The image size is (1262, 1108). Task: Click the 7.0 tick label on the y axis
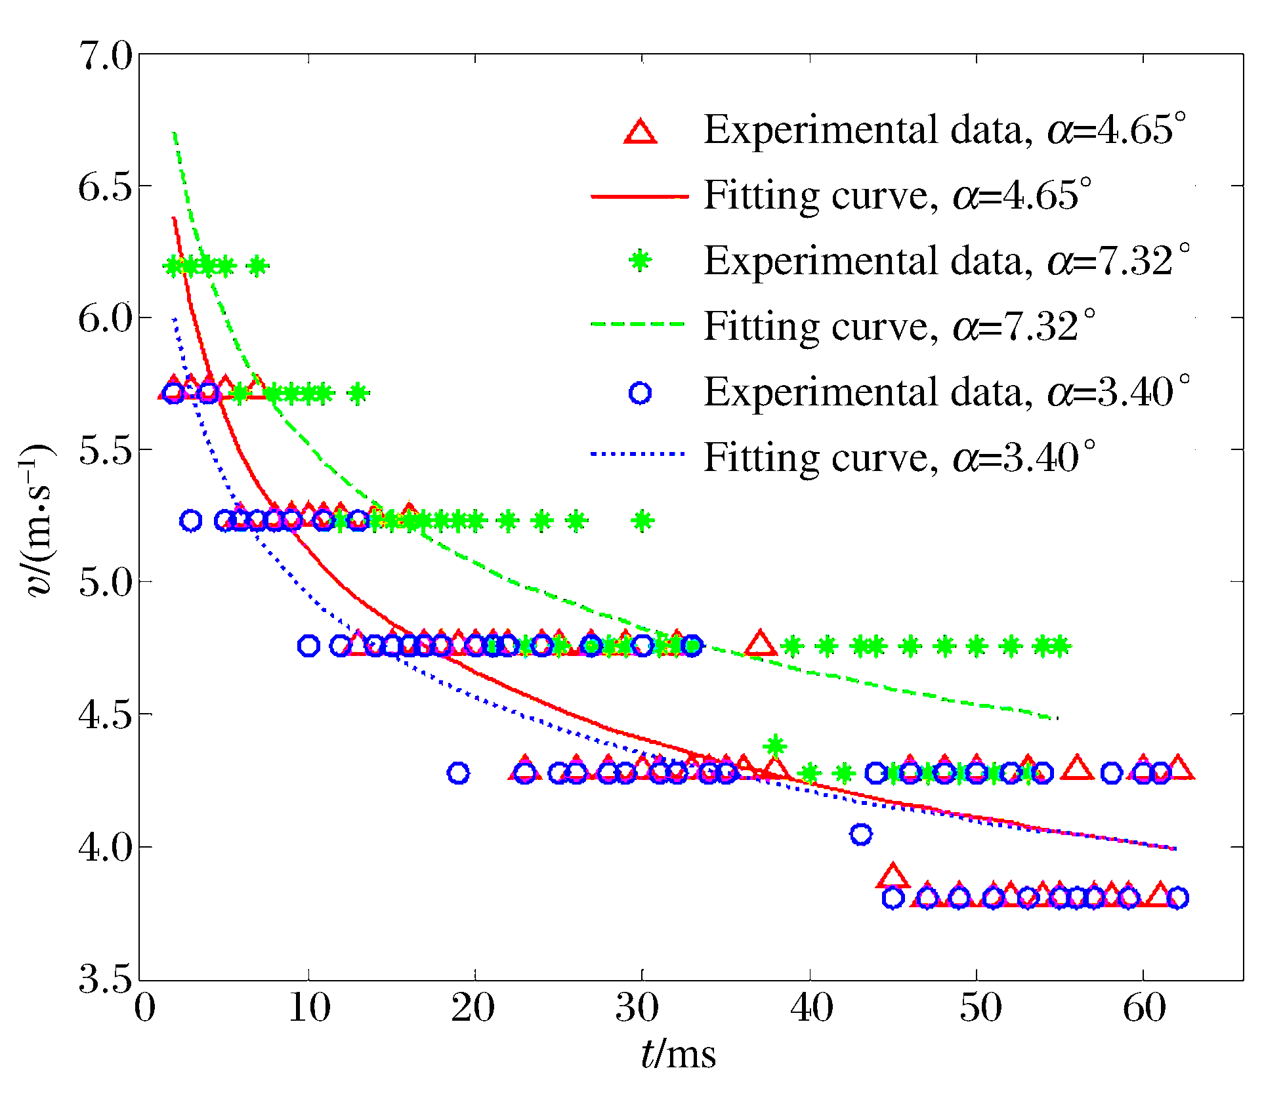point(105,56)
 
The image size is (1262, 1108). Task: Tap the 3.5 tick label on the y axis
point(105,979)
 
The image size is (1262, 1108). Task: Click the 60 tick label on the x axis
point(1144,1008)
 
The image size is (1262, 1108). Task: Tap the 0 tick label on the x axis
point(145,1008)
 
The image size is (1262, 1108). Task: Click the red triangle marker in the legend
point(640,131)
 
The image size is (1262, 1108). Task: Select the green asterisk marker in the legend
point(640,260)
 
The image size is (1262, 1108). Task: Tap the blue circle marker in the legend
point(640,393)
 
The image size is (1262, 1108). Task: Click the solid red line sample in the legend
point(640,196)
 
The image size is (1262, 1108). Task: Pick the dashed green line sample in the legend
point(640,324)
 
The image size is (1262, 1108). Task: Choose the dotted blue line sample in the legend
point(640,454)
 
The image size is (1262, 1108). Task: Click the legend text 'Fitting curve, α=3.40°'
point(899,457)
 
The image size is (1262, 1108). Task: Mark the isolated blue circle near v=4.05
point(861,834)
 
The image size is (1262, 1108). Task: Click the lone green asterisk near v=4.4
point(776,746)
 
